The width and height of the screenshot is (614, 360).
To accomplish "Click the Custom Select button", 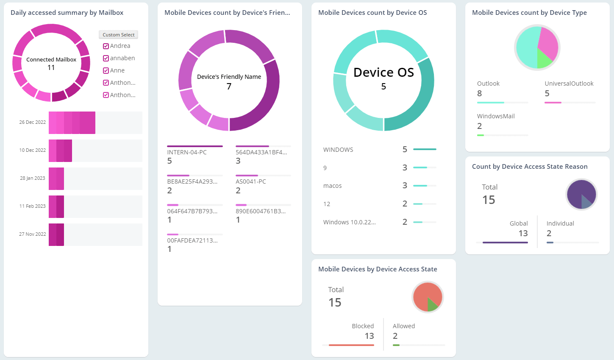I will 118,35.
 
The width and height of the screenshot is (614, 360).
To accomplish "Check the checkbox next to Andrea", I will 106,46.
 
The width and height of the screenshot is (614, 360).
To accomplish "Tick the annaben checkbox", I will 106,59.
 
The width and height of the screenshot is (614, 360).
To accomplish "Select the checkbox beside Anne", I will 106,71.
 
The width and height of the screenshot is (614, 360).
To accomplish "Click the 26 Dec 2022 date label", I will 32,122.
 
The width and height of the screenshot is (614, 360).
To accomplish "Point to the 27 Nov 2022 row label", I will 32,234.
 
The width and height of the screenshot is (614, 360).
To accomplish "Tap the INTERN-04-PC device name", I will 187,152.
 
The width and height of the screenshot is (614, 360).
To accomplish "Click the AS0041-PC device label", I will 250,181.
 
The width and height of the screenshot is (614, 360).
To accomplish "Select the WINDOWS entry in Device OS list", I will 338,150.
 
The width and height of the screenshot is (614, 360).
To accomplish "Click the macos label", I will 332,186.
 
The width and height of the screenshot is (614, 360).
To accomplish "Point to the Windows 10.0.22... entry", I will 349,222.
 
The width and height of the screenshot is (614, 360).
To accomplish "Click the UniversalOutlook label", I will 569,84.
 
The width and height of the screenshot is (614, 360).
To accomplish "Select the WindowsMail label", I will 496,116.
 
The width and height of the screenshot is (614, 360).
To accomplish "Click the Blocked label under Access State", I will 363,326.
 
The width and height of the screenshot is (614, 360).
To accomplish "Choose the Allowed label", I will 403,326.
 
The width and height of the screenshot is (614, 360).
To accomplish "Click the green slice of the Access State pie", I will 432,304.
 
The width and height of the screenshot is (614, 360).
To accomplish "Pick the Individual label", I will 560,223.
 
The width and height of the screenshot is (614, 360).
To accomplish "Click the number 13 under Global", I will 523,233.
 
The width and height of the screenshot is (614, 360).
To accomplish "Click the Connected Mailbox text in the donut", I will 51,60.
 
